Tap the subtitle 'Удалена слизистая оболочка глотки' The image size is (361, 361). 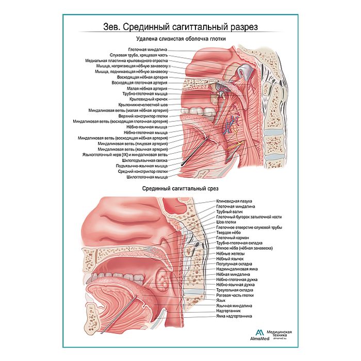click(x=181, y=39)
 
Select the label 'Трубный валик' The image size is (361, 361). click(x=229, y=211)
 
